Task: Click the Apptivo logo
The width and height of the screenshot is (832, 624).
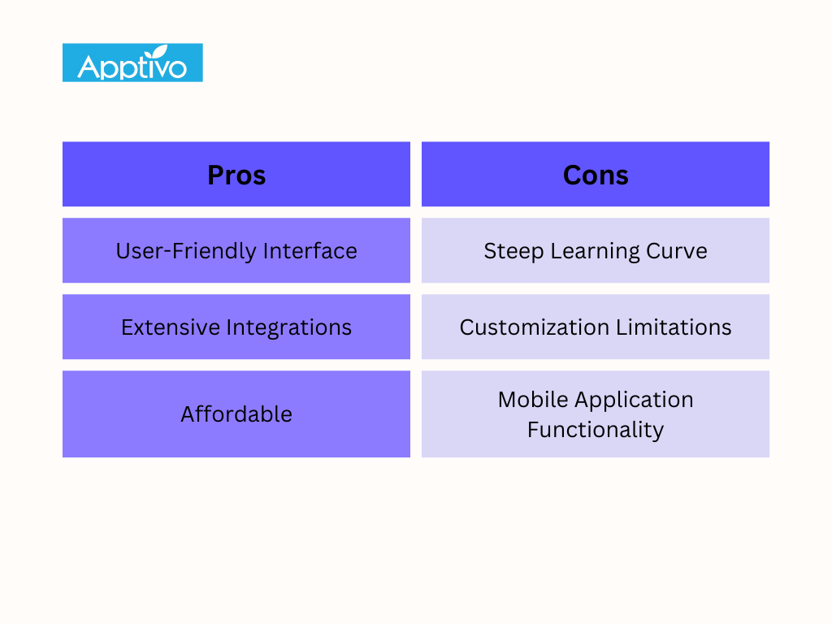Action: click(x=132, y=63)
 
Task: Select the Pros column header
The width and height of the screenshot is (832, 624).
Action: click(x=236, y=175)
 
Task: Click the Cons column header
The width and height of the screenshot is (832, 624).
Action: click(x=596, y=175)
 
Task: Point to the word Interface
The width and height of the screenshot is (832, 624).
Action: click(x=310, y=250)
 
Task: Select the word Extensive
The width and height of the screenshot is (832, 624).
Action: click(x=171, y=327)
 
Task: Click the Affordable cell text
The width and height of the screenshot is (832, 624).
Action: click(x=236, y=414)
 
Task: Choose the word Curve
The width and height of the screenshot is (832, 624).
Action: click(x=677, y=251)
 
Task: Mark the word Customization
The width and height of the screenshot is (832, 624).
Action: click(x=535, y=327)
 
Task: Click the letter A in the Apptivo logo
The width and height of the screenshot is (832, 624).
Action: click(x=88, y=67)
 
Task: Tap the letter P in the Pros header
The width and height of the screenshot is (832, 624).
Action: click(x=216, y=175)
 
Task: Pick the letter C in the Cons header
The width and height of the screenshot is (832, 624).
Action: click(x=573, y=175)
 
